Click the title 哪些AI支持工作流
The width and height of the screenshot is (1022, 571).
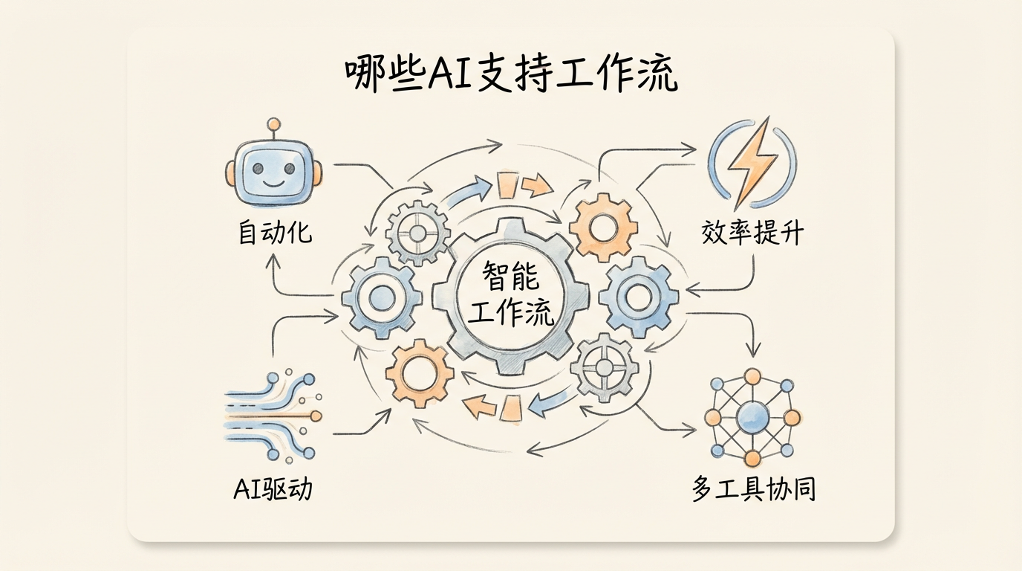(x=511, y=74)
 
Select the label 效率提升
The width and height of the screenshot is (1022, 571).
(x=752, y=233)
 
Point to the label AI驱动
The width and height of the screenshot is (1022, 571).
(x=273, y=488)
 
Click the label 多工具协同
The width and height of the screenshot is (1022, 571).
(x=754, y=488)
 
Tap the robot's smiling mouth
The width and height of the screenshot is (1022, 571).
(x=274, y=184)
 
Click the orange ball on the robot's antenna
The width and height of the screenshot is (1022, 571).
(x=274, y=124)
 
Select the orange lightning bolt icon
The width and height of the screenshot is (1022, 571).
(x=752, y=162)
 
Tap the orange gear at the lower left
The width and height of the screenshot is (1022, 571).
(x=420, y=373)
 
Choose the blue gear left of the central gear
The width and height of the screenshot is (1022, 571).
(x=382, y=298)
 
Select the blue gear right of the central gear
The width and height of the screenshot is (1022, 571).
(x=638, y=297)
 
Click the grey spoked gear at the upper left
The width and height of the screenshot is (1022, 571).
(x=418, y=233)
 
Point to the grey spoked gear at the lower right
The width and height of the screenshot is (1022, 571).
(x=605, y=367)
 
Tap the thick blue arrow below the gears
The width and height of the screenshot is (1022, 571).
(x=550, y=400)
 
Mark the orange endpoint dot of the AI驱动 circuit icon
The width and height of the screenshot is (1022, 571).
(x=315, y=416)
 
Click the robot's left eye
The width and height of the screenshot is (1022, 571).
(x=258, y=168)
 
